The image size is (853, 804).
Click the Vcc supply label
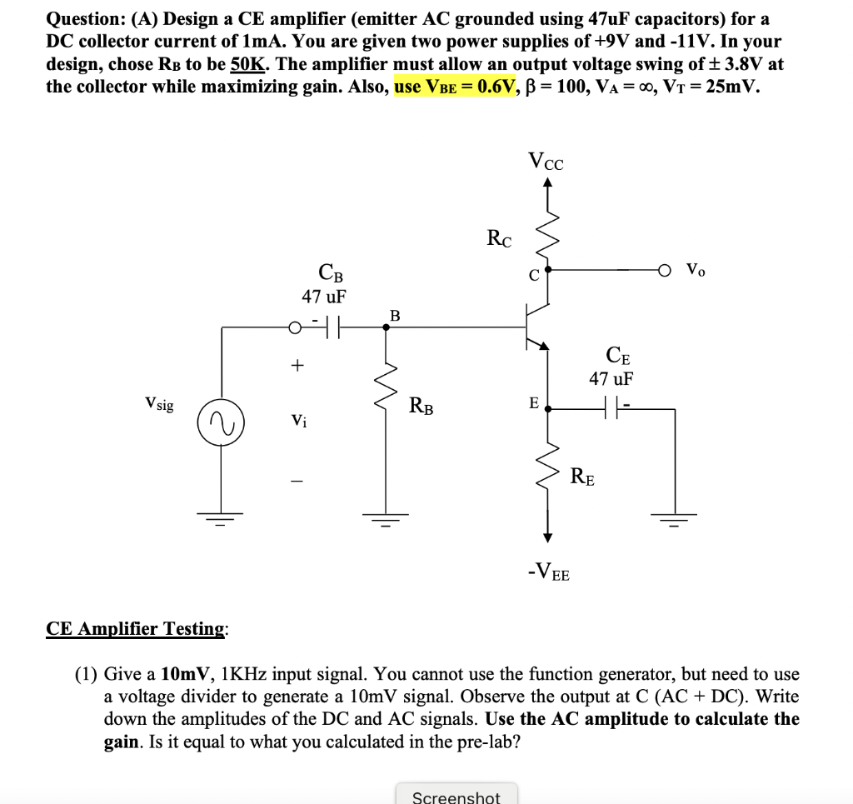tap(546, 161)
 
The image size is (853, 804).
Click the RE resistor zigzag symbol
tap(547, 475)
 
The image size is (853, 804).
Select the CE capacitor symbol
tap(611, 408)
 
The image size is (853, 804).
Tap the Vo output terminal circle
tap(665, 270)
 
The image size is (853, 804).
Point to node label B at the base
tap(395, 315)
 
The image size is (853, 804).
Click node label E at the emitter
tap(533, 403)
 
